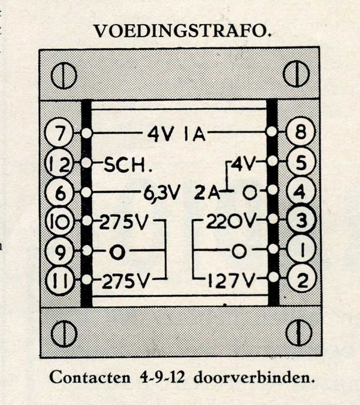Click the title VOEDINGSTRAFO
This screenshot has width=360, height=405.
point(183,31)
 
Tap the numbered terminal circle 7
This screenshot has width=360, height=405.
point(59,133)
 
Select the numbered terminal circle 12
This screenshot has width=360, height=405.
point(59,163)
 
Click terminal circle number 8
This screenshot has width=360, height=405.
point(301,131)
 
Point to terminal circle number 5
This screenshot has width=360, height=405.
point(301,162)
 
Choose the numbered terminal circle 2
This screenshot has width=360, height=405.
point(302,279)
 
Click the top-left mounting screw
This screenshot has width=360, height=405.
point(63,76)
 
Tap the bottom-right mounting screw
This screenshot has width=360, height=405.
point(298,333)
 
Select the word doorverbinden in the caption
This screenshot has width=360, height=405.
point(254,378)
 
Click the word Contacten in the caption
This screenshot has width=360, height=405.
point(90,378)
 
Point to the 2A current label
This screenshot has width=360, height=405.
point(207,193)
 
